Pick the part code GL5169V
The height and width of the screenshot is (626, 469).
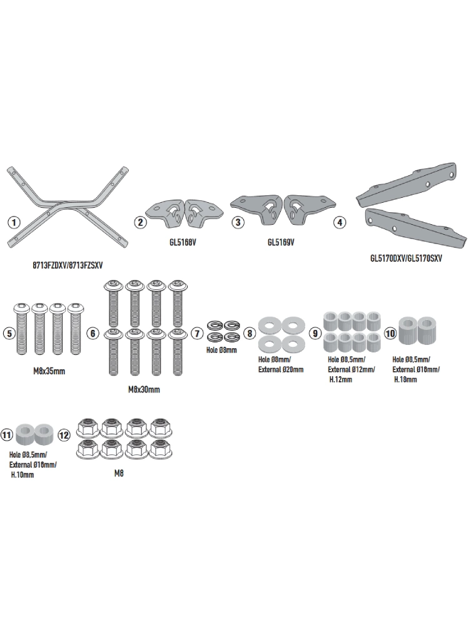coord(282,241)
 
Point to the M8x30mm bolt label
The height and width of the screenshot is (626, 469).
coord(143,389)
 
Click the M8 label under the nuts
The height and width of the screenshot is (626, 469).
coord(119,474)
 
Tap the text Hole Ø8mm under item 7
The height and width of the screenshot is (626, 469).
coord(221,351)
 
